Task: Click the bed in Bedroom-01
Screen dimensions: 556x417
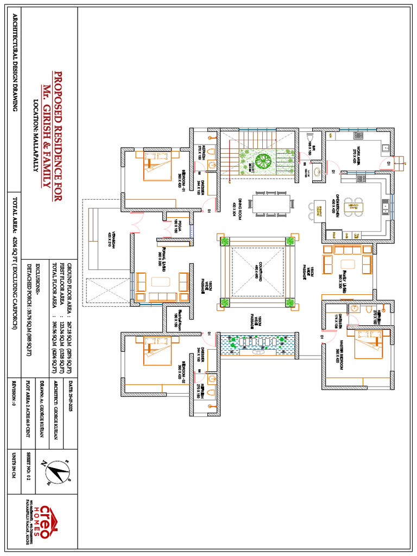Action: tap(157, 165)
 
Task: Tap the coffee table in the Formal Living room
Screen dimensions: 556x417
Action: tap(161, 282)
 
